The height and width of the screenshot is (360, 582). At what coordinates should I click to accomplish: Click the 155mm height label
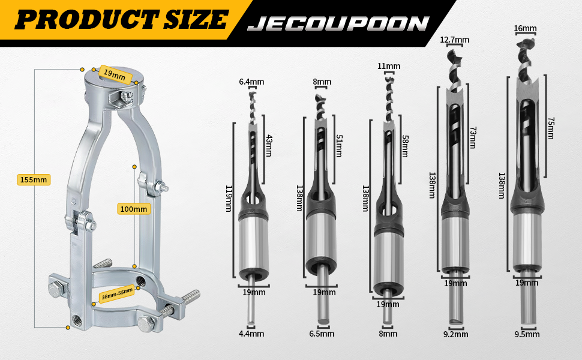click(34, 180)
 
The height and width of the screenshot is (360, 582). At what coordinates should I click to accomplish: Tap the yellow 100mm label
click(134, 209)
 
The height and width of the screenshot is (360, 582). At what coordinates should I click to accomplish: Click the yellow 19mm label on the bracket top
click(115, 76)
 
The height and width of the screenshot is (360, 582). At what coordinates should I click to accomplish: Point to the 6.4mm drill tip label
click(251, 82)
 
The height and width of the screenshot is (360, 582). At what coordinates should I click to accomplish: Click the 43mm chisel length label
click(269, 145)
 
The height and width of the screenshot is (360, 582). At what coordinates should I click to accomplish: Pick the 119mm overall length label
click(229, 199)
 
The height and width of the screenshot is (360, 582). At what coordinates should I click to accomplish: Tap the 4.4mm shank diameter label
click(251, 334)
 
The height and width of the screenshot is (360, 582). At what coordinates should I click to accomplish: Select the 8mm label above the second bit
click(322, 82)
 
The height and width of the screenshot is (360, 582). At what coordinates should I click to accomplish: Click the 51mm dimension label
click(339, 145)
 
